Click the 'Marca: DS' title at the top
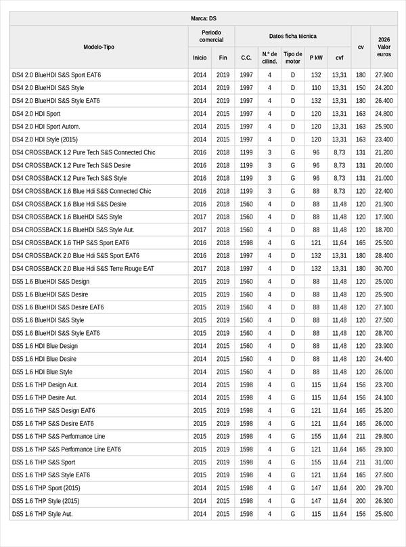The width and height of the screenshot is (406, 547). [203, 18]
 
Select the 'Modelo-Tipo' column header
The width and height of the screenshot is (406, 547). [99, 47]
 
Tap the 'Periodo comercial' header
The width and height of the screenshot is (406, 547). [211, 36]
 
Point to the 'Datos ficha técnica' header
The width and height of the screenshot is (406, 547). [292, 36]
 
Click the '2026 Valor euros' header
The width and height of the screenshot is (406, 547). [384, 47]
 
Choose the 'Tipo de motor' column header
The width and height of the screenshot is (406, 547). [292, 58]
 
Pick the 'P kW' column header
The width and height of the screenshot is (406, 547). [316, 58]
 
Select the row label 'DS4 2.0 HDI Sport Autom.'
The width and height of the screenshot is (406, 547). [46, 127]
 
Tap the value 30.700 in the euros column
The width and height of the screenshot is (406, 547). [384, 268]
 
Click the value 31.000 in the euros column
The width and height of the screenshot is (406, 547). [384, 462]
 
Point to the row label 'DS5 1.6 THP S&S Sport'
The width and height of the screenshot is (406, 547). [43, 462]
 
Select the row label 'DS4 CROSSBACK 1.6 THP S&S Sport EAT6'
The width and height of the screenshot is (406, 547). [70, 242]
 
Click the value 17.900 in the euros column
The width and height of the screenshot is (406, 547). [384, 217]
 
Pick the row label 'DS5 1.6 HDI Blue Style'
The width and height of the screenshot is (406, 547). [42, 372]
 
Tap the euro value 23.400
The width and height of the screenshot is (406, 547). [384, 139]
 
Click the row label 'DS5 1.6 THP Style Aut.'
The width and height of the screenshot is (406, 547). [42, 514]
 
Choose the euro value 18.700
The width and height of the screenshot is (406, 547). [384, 229]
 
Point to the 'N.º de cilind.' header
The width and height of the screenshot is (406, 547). [269, 58]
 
